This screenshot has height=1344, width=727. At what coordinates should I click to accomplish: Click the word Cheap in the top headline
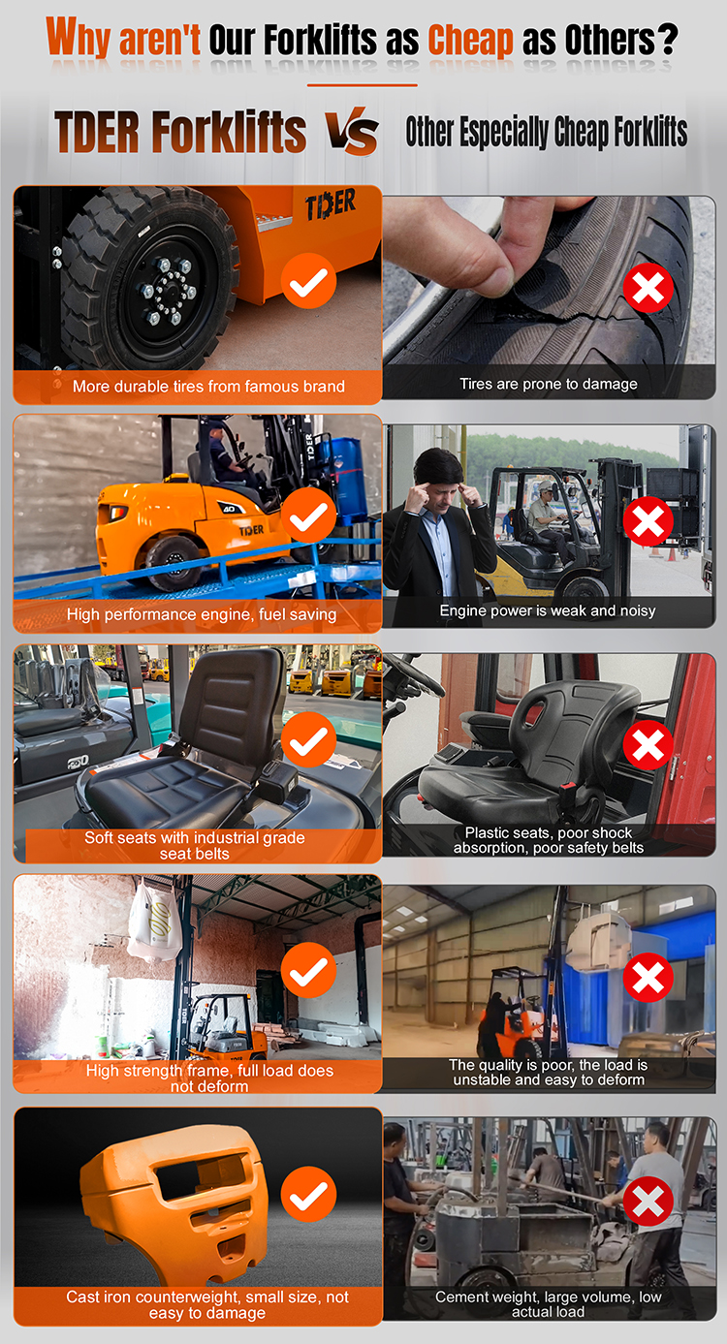471,41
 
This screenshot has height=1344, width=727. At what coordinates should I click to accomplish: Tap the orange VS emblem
352,131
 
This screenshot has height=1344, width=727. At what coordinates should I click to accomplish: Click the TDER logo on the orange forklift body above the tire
331,204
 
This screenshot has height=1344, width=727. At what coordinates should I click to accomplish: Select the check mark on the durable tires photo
308,281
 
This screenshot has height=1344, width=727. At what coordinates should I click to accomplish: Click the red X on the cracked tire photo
648,288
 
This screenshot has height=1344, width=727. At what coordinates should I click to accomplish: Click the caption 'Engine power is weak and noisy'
548,610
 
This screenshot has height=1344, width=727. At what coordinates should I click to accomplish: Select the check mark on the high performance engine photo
308,515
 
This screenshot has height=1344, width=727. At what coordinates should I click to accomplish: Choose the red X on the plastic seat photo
648,744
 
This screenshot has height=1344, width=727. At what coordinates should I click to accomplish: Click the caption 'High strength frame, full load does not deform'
209,1078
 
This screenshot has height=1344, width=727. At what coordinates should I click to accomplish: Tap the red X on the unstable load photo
648,977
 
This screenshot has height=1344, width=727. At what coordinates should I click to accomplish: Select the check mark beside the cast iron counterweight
308,1194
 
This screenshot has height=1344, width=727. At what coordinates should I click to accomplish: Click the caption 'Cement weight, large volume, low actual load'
548,1304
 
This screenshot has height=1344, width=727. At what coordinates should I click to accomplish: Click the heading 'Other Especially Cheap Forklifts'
547,132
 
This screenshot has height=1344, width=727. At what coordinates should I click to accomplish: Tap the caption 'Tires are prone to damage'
549,384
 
